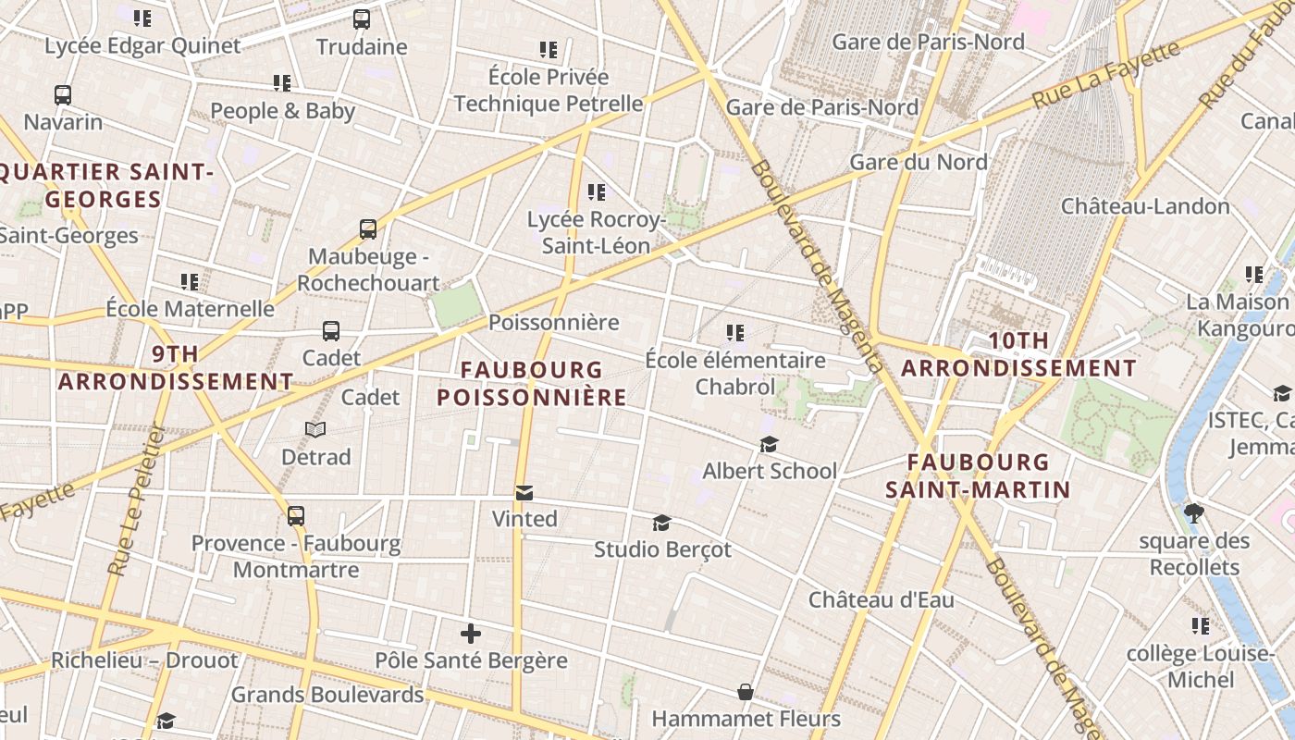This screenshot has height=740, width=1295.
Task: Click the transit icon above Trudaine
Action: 362,18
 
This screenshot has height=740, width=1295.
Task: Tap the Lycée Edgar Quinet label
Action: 142,45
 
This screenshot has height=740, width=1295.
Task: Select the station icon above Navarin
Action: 63,94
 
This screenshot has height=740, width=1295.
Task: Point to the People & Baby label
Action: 282,111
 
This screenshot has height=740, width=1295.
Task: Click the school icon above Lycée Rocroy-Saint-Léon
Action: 597,192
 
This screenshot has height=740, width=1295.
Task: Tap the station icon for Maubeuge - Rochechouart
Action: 368,228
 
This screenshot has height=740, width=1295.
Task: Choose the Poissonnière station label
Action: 553,323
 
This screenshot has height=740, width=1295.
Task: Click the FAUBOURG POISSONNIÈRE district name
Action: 532,383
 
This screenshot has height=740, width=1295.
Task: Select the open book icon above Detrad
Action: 315,429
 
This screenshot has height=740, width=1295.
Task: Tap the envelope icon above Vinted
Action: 524,492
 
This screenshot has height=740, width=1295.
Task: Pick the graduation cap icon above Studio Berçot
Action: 661,523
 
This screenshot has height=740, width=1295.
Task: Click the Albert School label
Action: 769,471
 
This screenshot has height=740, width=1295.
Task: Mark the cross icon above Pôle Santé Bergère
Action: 471,634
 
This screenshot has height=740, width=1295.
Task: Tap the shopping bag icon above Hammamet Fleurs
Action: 745,692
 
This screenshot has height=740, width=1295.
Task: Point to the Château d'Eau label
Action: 881,599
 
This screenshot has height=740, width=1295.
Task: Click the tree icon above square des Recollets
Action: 1194,512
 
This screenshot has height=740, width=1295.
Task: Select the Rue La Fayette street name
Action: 1106,74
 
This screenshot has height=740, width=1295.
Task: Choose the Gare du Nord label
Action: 918,162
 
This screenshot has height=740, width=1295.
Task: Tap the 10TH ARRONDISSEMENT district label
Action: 1018,354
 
